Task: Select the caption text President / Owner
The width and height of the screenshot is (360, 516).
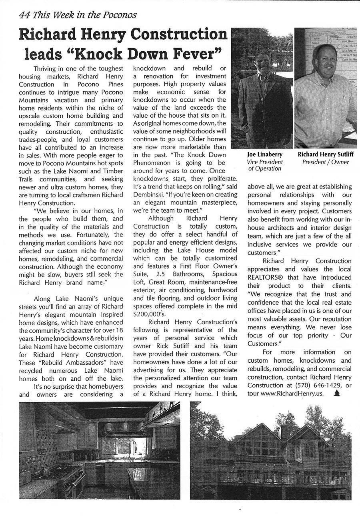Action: (325, 162)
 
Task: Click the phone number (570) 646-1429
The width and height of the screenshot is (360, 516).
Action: (319, 385)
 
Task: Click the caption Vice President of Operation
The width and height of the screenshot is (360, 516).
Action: (265, 165)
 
